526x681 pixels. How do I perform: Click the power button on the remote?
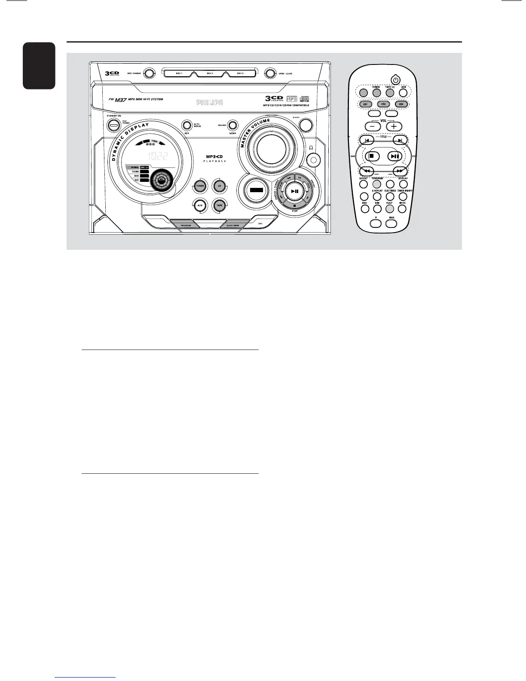395,80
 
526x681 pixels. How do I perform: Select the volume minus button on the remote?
372,126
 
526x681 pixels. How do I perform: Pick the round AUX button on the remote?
403,92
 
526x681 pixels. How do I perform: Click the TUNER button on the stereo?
199,186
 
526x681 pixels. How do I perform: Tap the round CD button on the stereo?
219,186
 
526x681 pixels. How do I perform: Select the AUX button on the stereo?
199,206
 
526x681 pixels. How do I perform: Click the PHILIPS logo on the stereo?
210,103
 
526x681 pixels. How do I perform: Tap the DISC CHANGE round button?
148,74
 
